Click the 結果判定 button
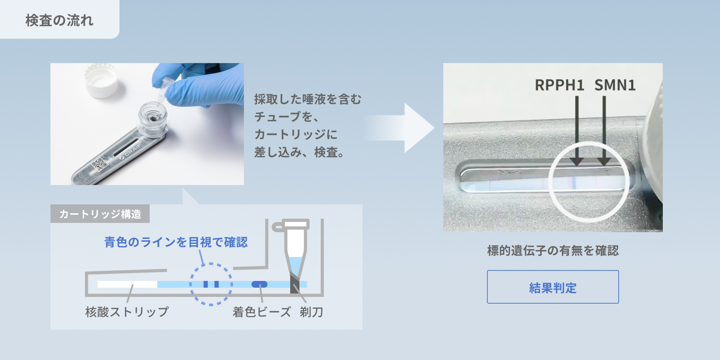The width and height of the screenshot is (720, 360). click(x=553, y=287)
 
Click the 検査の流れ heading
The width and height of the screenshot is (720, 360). click(x=59, y=20)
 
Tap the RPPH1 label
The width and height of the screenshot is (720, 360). click(x=559, y=85)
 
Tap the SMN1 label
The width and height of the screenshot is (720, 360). click(x=614, y=85)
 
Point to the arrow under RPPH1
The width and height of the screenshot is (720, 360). click(x=577, y=130)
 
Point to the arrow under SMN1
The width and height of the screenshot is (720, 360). click(x=604, y=130)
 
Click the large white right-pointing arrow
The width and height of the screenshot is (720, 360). click(x=404, y=128)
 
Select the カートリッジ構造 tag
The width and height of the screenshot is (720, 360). click(x=100, y=214)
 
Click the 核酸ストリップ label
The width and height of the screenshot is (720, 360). click(x=127, y=312)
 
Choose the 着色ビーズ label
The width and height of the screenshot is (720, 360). click(x=262, y=312)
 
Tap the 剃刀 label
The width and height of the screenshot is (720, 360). click(x=311, y=312)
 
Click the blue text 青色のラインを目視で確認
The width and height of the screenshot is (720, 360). click(x=176, y=242)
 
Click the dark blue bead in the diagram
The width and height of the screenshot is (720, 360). click(x=259, y=284)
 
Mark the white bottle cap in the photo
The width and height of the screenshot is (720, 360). click(x=101, y=80)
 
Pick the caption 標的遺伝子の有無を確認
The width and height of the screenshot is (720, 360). click(x=553, y=251)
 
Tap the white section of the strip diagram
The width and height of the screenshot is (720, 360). click(x=127, y=284)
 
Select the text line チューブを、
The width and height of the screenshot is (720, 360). click(x=286, y=116)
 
